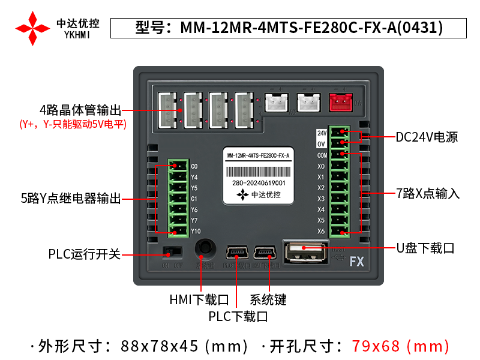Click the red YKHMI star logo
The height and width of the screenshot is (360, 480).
point(32,28)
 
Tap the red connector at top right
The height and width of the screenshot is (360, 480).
point(340,103)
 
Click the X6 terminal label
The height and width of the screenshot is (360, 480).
point(321,232)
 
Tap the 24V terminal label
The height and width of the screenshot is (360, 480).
point(321,133)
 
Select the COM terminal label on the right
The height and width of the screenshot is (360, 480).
point(322,155)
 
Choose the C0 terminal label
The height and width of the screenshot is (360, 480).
point(194,166)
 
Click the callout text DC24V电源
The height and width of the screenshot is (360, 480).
point(427,137)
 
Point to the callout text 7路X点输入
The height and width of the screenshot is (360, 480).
point(427,193)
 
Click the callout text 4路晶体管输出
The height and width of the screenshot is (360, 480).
point(80,110)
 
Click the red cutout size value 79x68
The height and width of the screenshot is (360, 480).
point(375,346)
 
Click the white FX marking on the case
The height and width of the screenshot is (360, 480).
point(357,262)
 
